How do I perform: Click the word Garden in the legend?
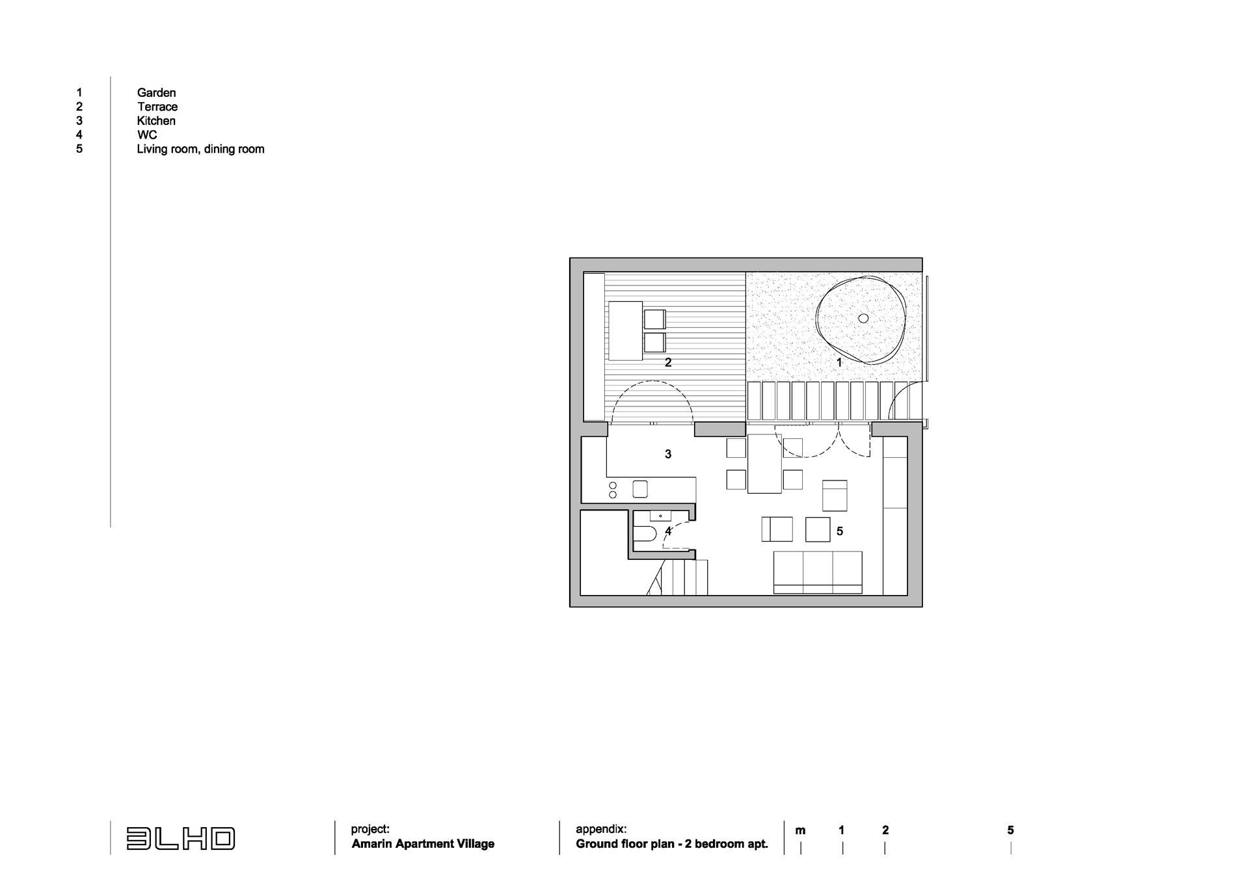pos(156,93)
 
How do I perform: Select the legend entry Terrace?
pos(157,107)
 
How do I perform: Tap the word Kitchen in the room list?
pos(156,121)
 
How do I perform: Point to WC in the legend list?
pos(147,135)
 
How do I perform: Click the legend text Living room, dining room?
pos(200,149)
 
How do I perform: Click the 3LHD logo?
pos(180,839)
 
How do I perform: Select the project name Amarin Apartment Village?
pos(423,844)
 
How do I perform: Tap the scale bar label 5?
pos(1010,830)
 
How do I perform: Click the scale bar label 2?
pos(885,830)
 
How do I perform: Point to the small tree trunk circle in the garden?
pos(863,318)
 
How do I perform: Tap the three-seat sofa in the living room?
pos(818,572)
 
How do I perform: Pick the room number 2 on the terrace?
pos(668,363)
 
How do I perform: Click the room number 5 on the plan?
pos(840,531)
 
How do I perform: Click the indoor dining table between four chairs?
pos(764,464)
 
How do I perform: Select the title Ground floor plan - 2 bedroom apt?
pos(672,844)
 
